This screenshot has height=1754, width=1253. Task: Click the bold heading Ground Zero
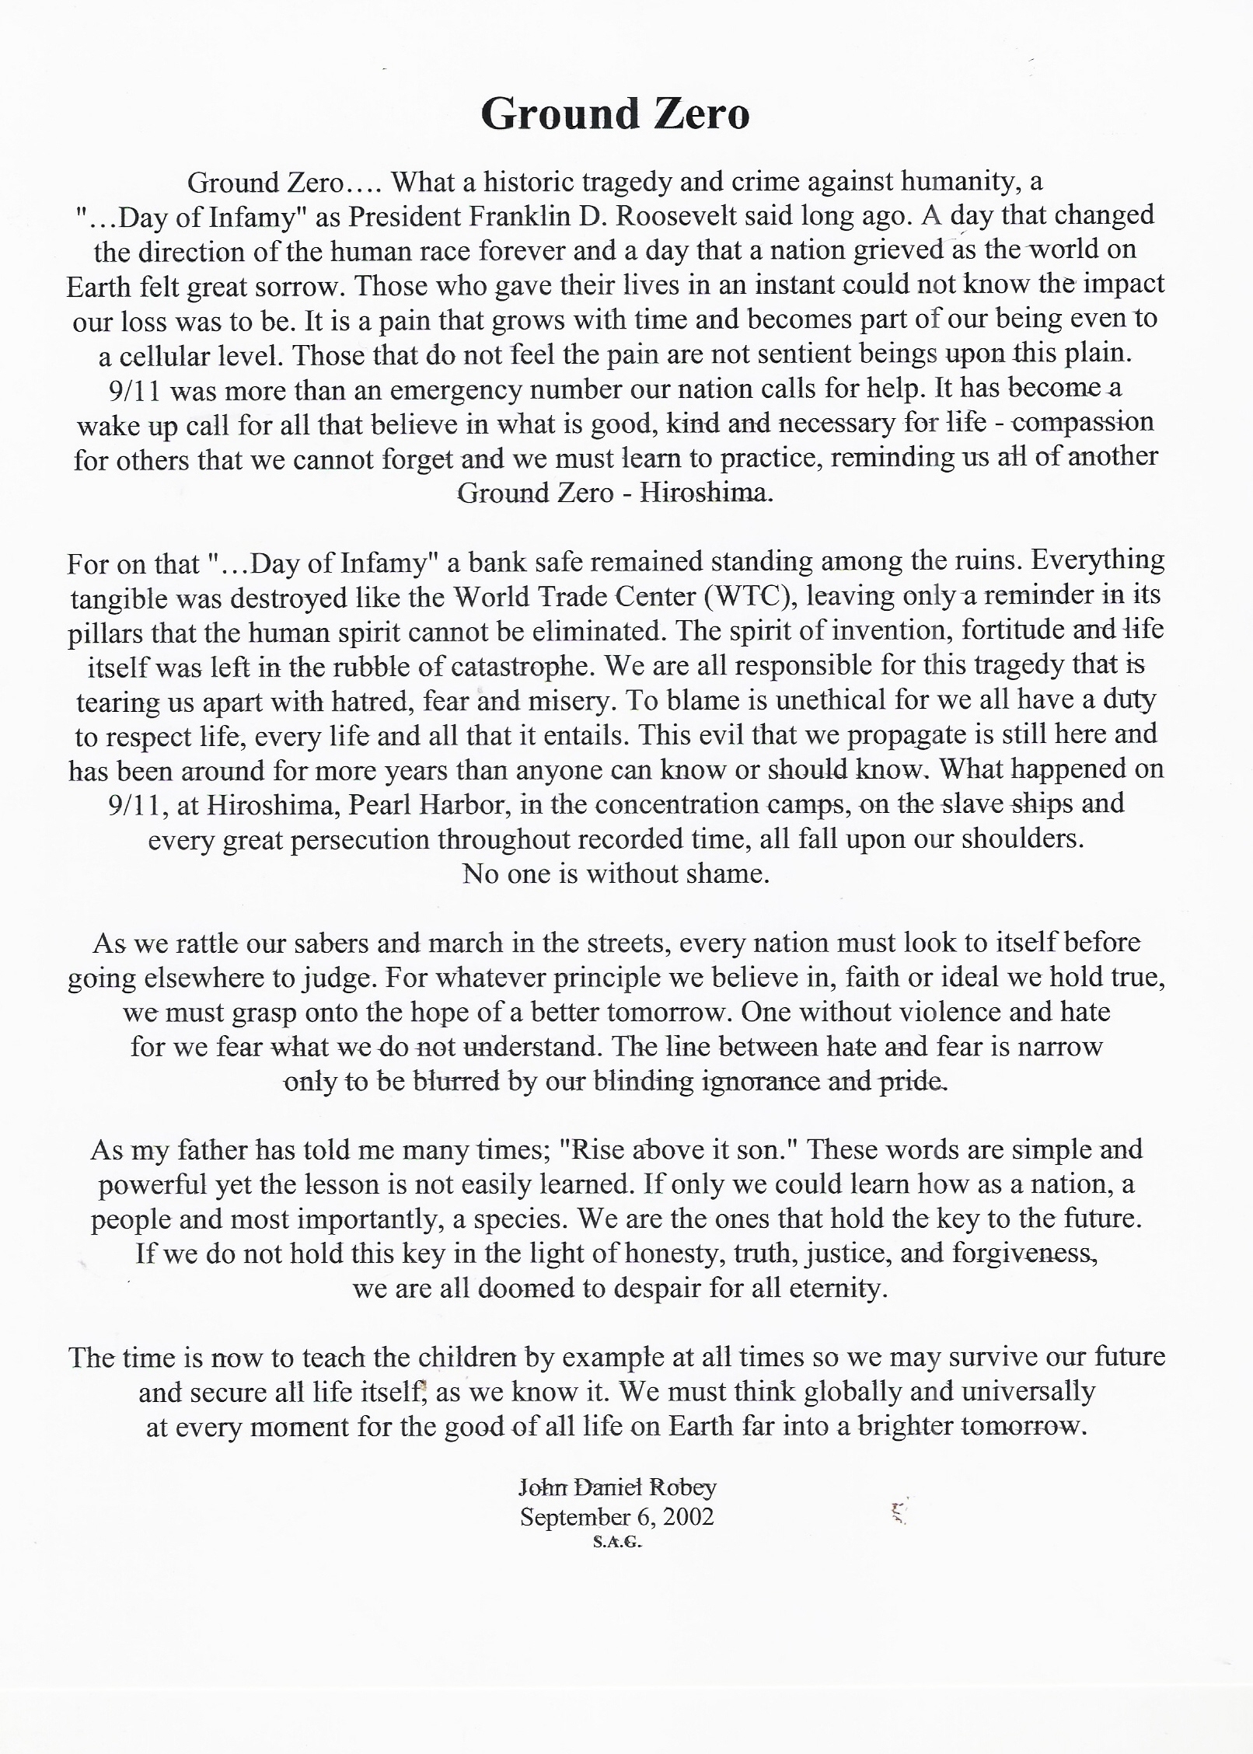615,114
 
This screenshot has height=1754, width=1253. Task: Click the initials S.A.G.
617,1543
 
